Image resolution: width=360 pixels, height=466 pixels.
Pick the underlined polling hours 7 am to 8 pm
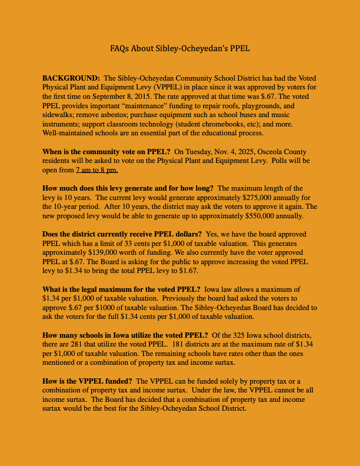tap(97, 170)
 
